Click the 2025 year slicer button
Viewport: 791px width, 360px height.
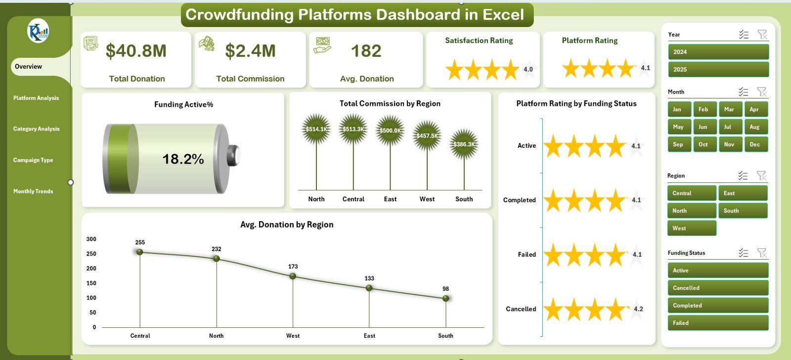718,69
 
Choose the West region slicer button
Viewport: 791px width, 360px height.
692,228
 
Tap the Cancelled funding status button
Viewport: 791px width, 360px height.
718,288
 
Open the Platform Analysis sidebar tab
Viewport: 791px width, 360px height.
36,98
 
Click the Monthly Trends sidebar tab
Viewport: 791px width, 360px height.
33,191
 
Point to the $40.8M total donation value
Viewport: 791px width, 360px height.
136,50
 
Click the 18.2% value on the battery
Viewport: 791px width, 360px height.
183,159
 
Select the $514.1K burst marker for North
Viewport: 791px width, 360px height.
316,129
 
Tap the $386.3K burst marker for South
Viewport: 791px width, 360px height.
464,144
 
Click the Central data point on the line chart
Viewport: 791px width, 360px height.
140,252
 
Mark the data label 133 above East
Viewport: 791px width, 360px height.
369,278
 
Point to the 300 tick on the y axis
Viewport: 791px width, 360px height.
91,239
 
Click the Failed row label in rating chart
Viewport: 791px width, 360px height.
527,254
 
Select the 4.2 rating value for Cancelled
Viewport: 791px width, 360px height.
638,309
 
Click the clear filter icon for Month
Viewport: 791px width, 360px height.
762,92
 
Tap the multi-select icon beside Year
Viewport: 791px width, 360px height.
744,35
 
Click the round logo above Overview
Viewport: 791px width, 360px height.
38,31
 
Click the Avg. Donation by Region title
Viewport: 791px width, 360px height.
287,225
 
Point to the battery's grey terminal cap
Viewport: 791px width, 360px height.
233,155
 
